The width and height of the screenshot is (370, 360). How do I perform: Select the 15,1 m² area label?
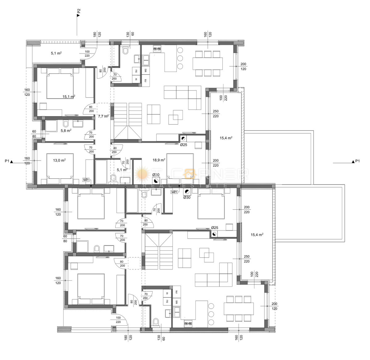[x=69, y=97]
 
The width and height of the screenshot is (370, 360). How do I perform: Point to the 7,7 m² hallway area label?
[x=103, y=116]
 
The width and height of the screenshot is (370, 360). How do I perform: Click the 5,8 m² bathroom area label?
[x=66, y=131]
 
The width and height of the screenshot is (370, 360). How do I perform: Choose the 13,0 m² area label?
[x=59, y=160]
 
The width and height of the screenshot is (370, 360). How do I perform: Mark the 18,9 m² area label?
[x=159, y=160]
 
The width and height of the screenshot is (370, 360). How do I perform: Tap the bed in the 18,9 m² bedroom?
[x=180, y=166]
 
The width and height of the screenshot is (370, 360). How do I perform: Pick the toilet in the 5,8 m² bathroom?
[x=66, y=124]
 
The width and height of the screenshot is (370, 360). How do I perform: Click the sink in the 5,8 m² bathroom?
[x=78, y=124]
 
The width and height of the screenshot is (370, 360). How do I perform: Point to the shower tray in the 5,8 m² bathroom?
[x=51, y=126]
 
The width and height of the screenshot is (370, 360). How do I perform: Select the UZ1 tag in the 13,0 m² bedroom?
[x=86, y=180]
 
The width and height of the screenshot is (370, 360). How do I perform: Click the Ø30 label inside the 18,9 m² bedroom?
[x=156, y=175]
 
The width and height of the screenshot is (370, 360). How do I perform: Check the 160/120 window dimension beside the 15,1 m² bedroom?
[x=27, y=92]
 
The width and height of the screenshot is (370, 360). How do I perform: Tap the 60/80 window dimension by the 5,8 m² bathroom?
[x=34, y=134]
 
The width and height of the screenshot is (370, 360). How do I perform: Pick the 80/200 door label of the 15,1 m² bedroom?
[x=91, y=109]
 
